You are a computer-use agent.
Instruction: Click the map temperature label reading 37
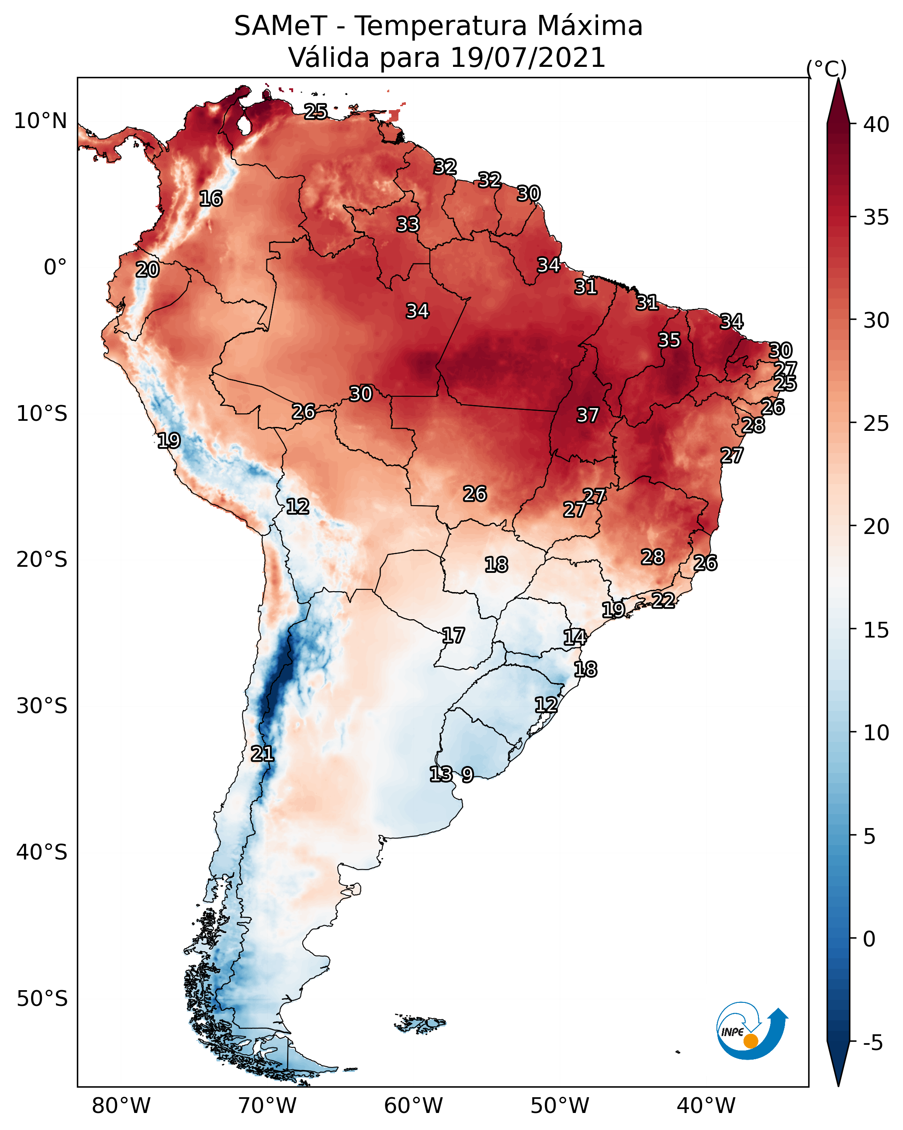[x=587, y=415]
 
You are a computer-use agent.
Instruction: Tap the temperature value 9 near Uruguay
[x=467, y=775]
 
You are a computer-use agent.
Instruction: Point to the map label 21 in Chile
[x=262, y=754]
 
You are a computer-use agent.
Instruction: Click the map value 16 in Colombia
[x=211, y=199]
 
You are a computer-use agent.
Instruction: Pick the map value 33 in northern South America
[x=408, y=224]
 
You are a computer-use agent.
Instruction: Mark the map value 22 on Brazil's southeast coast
[x=663, y=600]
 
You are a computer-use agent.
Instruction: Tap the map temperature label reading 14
[x=574, y=638]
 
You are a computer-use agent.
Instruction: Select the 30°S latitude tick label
[x=42, y=706]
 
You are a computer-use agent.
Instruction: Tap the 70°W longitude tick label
[x=267, y=1106]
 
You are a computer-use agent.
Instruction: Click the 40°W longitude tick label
[x=706, y=1106]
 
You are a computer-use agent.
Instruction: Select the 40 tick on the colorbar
[x=876, y=125]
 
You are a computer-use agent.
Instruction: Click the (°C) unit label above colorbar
[x=826, y=69]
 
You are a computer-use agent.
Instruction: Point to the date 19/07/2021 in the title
[x=527, y=58]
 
